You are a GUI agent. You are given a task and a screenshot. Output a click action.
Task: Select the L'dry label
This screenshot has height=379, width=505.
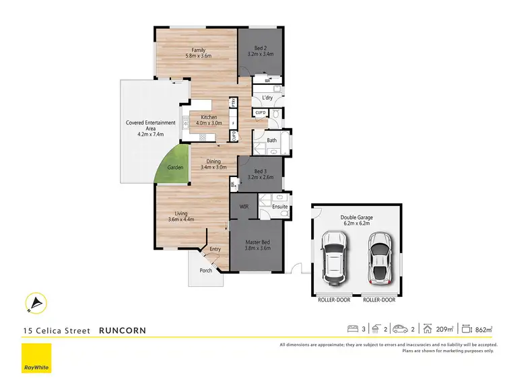pyautogui.click(x=267, y=98)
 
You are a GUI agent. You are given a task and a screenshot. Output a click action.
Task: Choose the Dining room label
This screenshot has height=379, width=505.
pyautogui.click(x=213, y=164)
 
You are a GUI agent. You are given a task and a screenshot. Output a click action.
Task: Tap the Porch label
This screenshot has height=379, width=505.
pyautogui.click(x=206, y=271)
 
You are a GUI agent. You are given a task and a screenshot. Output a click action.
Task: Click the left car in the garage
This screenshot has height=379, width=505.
pyautogui.click(x=333, y=256)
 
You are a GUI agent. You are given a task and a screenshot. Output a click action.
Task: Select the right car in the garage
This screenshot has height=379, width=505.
pyautogui.click(x=380, y=256)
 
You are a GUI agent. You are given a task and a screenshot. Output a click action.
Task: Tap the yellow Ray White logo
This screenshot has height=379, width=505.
pyautogui.click(x=36, y=358)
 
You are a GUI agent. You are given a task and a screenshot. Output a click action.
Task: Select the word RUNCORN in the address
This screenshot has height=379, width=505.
pyautogui.click(x=122, y=331)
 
